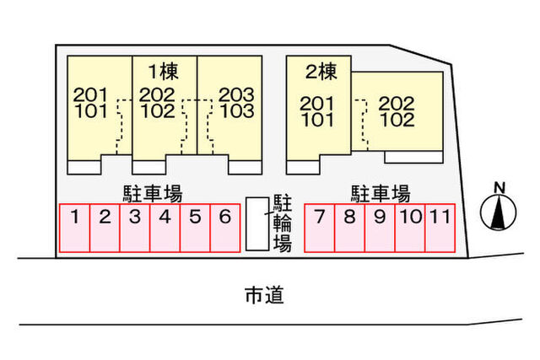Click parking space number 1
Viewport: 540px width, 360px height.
[x=74, y=228]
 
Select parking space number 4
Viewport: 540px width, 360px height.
[x=165, y=228]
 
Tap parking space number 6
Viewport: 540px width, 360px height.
[x=225, y=228]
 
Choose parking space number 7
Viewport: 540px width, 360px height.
[x=320, y=228]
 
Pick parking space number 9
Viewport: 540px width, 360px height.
[x=380, y=228]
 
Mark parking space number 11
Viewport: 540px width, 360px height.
[x=440, y=228]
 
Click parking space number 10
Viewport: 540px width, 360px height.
[x=410, y=228]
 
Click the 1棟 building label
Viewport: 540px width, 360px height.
[x=163, y=72]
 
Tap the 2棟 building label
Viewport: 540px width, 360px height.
[x=321, y=72]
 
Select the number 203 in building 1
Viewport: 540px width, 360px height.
[x=236, y=94]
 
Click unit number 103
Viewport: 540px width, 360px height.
[x=237, y=110]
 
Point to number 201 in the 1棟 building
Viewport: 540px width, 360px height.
[x=90, y=94]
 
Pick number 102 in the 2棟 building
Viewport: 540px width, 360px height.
[x=397, y=120]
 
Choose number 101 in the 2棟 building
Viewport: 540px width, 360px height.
[x=317, y=120]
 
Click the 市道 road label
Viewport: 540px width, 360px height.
[x=264, y=295]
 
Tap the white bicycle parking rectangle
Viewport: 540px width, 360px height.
[x=257, y=223]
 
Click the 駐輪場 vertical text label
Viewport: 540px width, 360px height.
[x=283, y=223]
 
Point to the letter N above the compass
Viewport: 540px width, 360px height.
[x=499, y=188]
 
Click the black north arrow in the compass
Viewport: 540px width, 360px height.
[x=497, y=212]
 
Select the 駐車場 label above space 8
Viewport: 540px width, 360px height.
[x=381, y=194]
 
